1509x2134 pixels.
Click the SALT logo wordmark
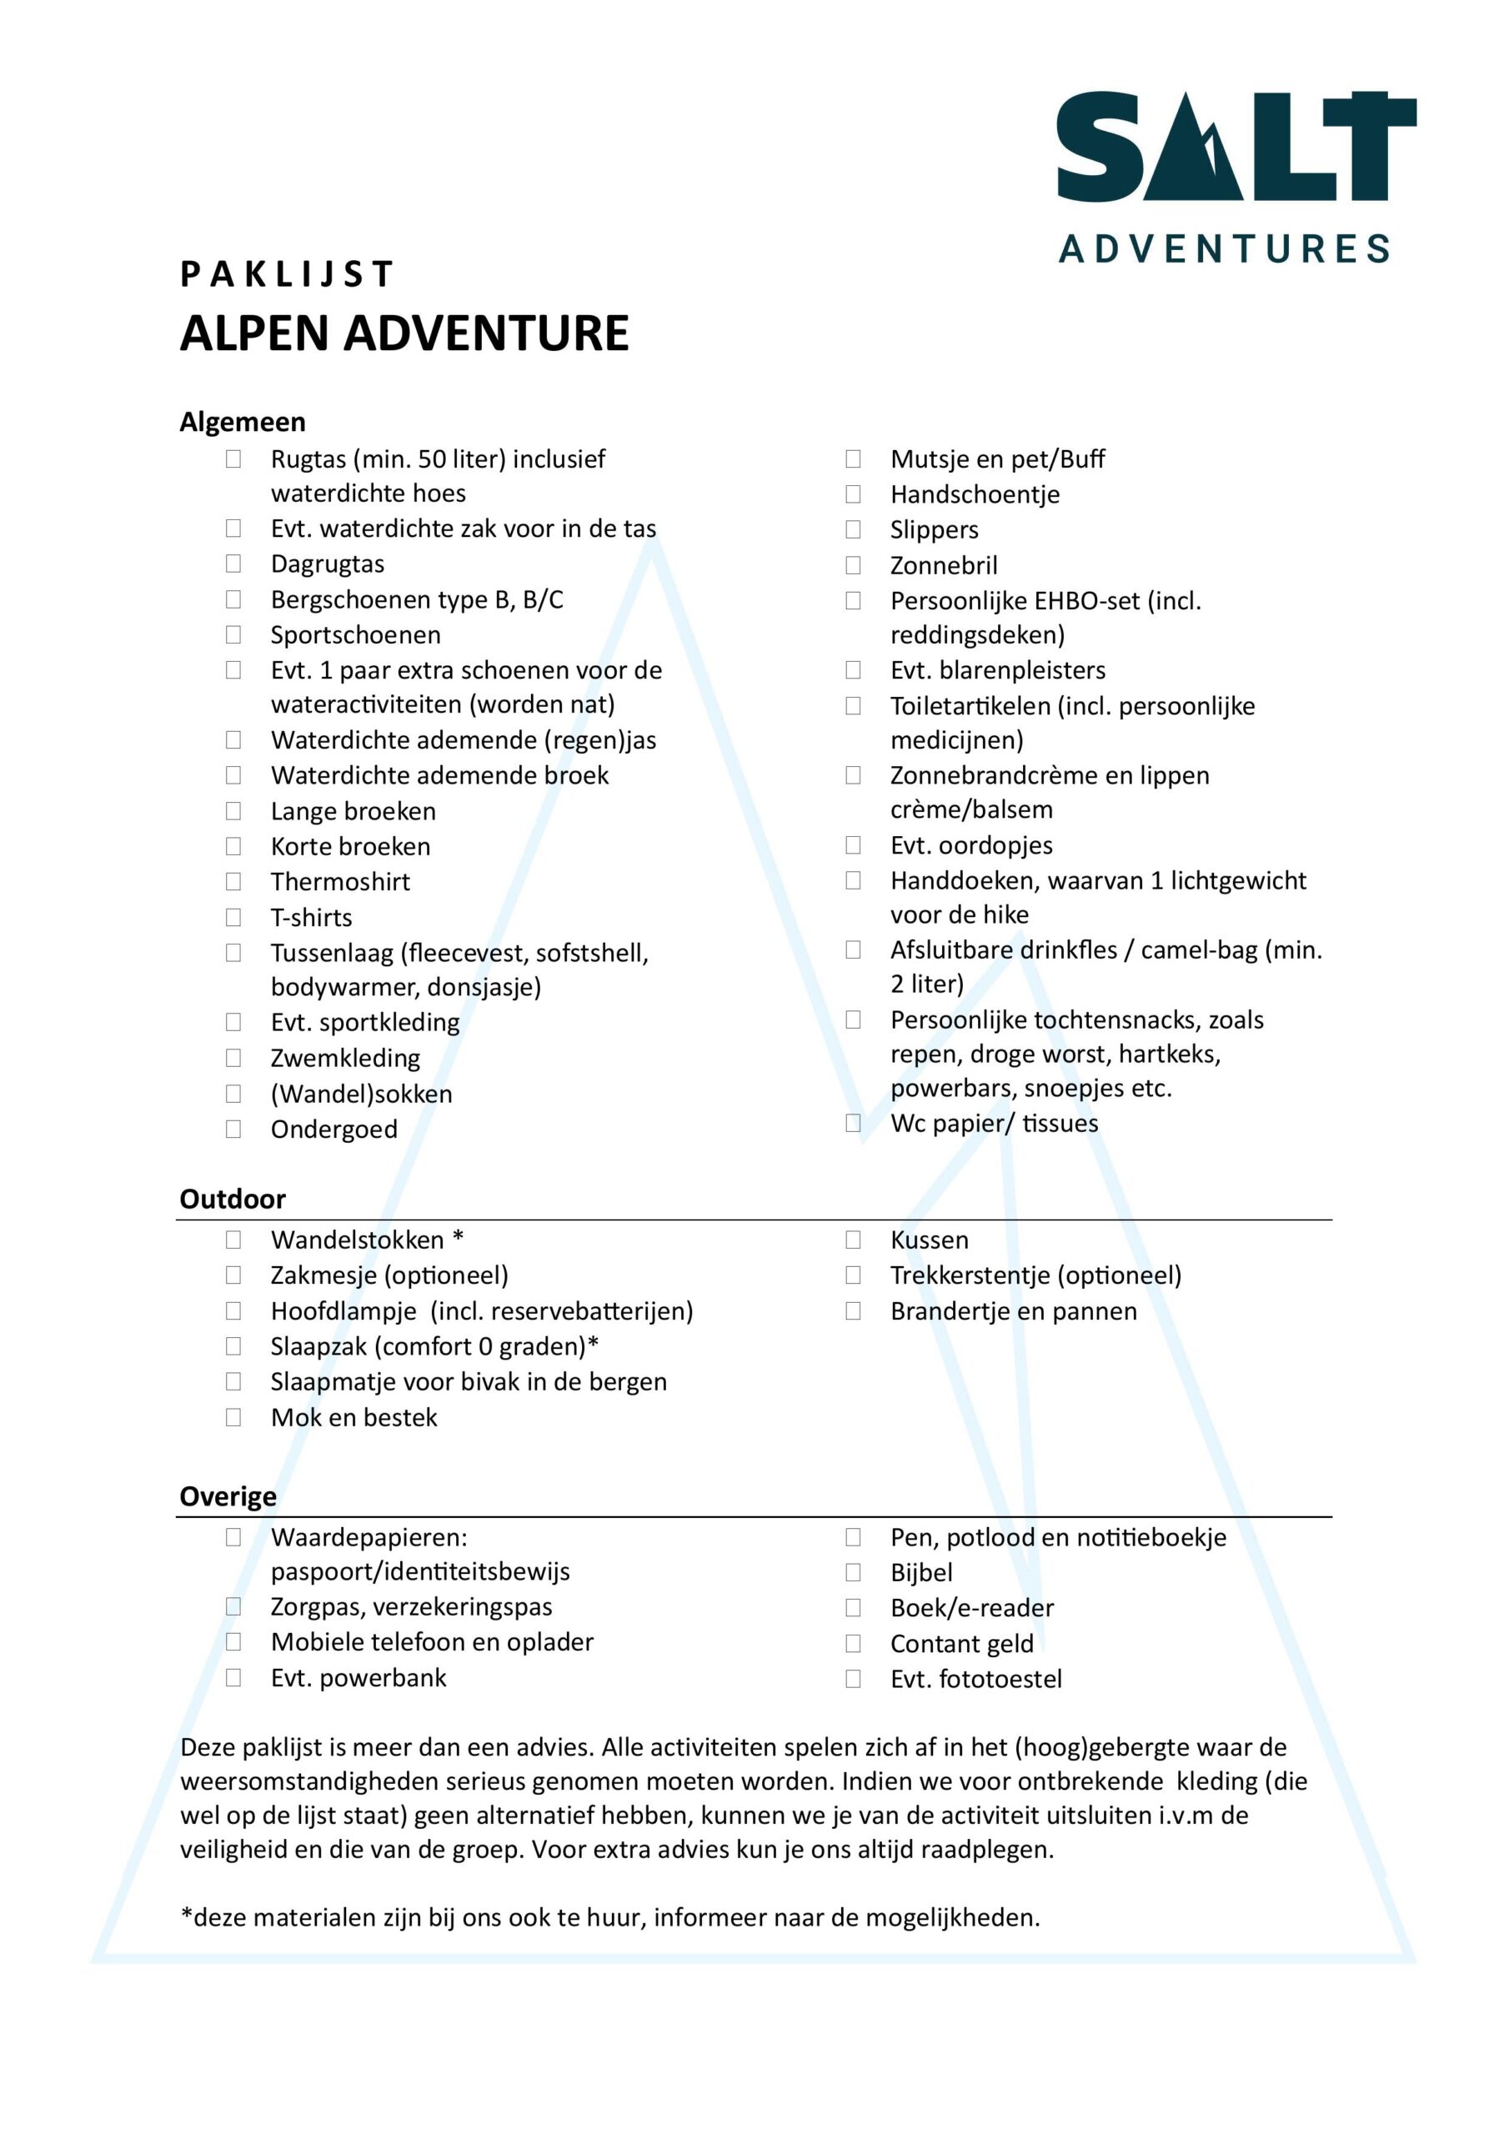(1236, 146)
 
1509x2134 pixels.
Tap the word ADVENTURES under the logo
(1224, 249)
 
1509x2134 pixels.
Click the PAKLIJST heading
(286, 274)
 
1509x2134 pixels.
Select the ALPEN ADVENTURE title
(404, 333)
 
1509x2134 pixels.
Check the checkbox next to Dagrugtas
(233, 564)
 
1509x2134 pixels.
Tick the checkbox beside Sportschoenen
(233, 635)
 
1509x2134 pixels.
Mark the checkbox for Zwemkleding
(233, 1058)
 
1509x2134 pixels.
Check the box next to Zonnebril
(853, 565)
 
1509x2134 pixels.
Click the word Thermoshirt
(339, 881)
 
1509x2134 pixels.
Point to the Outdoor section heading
(233, 1199)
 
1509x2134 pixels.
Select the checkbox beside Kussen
(853, 1240)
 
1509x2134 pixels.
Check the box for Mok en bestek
(233, 1417)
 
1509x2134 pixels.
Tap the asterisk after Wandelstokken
(458, 1238)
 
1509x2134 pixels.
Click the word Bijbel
(920, 1573)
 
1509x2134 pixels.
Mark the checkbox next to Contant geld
(853, 1643)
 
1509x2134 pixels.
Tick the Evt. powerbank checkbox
(233, 1678)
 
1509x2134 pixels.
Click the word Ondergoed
(333, 1130)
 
